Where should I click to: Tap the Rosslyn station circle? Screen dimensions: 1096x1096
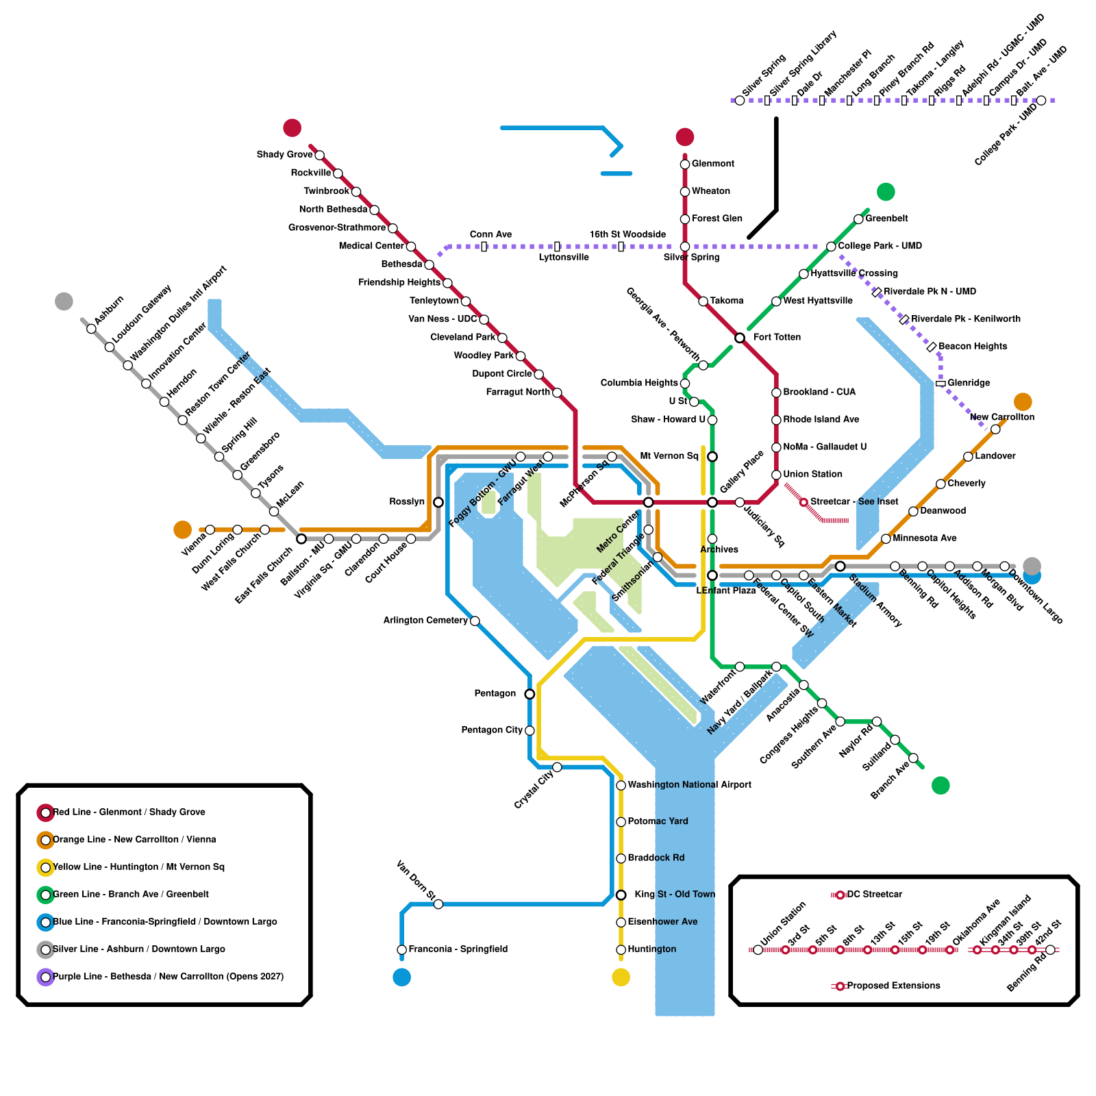(438, 503)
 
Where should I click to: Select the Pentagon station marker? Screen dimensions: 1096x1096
(530, 695)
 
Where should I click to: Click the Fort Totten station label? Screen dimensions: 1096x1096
(776, 337)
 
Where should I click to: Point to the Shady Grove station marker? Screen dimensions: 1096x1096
(319, 155)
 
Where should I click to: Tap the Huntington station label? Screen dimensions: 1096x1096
(651, 949)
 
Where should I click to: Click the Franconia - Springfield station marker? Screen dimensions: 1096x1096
(402, 950)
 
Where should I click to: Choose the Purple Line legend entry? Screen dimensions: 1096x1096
(168, 977)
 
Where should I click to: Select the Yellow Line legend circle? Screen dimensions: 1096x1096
(46, 868)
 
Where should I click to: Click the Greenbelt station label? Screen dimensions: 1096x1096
(886, 219)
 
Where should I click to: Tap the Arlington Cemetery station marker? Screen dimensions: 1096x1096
(475, 621)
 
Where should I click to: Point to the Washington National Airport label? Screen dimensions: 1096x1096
(689, 785)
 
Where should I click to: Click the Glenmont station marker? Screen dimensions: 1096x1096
(685, 164)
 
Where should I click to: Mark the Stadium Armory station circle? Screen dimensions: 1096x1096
(840, 566)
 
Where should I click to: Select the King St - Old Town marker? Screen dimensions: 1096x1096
(621, 895)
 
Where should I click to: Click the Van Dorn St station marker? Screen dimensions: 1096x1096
(438, 905)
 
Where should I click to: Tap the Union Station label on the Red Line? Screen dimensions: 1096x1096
(812, 474)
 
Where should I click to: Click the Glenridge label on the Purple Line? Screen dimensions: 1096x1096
(969, 383)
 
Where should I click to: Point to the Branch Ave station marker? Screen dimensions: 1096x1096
(913, 758)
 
